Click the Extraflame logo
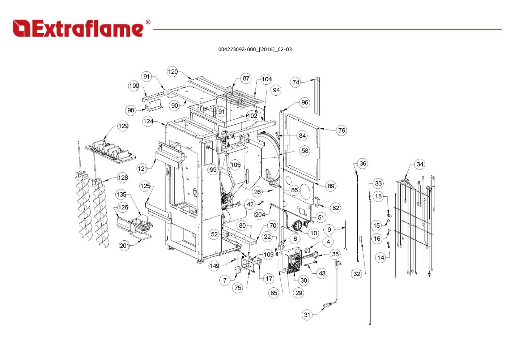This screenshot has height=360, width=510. [x=78, y=28]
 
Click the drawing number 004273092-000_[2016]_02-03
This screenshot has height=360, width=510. [x=255, y=50]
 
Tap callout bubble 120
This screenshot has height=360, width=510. [x=173, y=72]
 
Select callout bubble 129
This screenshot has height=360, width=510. [x=123, y=126]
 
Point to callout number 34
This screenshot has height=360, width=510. [x=420, y=164]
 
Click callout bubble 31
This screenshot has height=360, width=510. [x=307, y=315]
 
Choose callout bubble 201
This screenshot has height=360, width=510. [x=124, y=246]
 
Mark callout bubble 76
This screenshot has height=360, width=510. [x=341, y=130]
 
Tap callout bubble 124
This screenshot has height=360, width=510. [x=148, y=121]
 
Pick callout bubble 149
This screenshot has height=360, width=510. [x=214, y=266]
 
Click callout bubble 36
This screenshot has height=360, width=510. [x=363, y=164]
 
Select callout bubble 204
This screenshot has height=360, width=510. [x=260, y=214]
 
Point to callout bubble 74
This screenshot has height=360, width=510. [x=296, y=82]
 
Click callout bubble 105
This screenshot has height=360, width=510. [x=235, y=165]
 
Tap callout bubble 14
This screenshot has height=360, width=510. [x=381, y=257]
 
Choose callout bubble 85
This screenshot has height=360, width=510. [x=274, y=293]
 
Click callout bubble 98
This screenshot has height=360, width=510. [x=131, y=111]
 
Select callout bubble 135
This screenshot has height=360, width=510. [x=121, y=194]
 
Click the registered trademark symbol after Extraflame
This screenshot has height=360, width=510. [x=148, y=22]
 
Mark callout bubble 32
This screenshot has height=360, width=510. [x=357, y=274]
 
